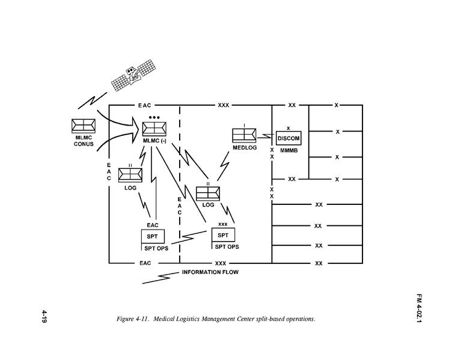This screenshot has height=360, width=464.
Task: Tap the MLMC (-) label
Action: (x=154, y=141)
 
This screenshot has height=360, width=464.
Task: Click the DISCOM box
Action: (x=288, y=138)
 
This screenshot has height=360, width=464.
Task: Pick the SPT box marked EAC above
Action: (x=152, y=236)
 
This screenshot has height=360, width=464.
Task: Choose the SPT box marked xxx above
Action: (x=222, y=234)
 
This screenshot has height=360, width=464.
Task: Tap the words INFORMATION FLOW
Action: (x=210, y=272)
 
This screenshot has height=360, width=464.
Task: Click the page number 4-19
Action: (x=44, y=317)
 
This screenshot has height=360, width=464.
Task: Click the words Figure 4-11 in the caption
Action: (x=132, y=319)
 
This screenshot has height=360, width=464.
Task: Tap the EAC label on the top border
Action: (x=145, y=105)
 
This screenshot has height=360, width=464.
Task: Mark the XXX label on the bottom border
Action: (x=221, y=263)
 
